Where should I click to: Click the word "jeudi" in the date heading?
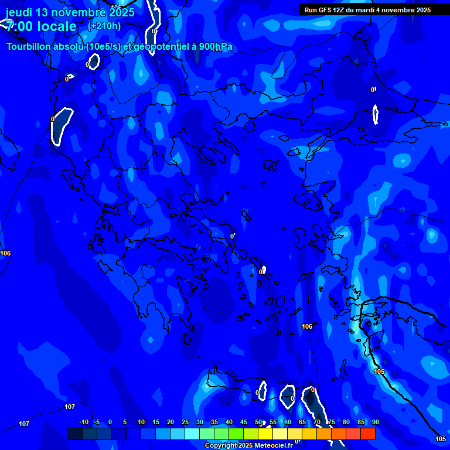[x=19, y=12]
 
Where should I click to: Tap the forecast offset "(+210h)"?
[x=104, y=26]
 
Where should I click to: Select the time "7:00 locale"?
[x=41, y=26]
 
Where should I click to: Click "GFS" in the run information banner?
[x=323, y=10]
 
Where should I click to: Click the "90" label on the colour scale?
[x=375, y=422]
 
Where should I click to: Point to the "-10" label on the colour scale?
[x=83, y=422]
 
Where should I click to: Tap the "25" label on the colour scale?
[x=185, y=422]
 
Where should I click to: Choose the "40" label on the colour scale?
[x=229, y=422]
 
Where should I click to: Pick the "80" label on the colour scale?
[x=346, y=422]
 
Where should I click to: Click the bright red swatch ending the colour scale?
[x=367, y=434]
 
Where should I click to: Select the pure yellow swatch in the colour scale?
[x=265, y=434]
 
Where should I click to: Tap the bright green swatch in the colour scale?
[x=236, y=434]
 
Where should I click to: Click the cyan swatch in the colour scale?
[x=192, y=434]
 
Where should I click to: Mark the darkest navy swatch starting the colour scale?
[x=74, y=434]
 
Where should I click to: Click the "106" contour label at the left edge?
[x=5, y=253]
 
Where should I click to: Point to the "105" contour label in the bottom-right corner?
[x=441, y=439]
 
